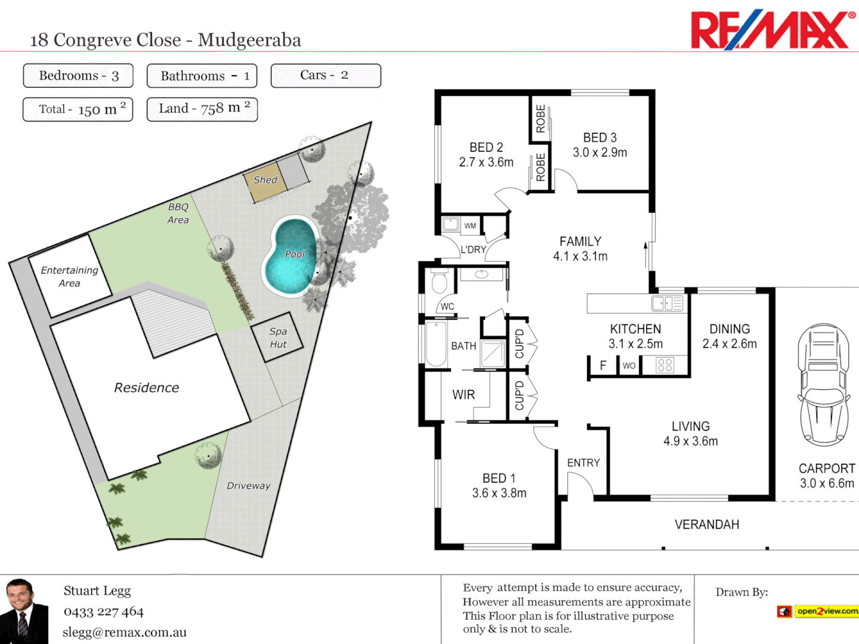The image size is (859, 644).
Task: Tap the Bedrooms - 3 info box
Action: (x=78, y=76)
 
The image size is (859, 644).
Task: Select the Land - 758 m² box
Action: (x=202, y=109)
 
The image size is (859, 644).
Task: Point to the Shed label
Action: (x=265, y=180)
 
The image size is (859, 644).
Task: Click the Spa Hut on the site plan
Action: (x=277, y=338)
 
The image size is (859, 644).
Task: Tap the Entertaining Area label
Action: (x=69, y=277)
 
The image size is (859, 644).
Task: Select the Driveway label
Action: (x=248, y=486)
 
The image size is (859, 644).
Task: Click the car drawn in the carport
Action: (x=824, y=385)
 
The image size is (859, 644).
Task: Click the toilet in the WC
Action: (x=440, y=281)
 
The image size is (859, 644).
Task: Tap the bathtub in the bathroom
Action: (x=436, y=344)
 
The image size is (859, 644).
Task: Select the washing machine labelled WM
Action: (x=451, y=225)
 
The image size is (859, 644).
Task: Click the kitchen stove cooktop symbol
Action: (x=665, y=365)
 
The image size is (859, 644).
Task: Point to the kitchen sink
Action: (x=667, y=304)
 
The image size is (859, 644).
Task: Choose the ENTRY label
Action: (x=583, y=463)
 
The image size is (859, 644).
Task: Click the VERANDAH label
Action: (x=706, y=525)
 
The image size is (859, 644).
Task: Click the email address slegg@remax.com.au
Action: (x=125, y=633)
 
